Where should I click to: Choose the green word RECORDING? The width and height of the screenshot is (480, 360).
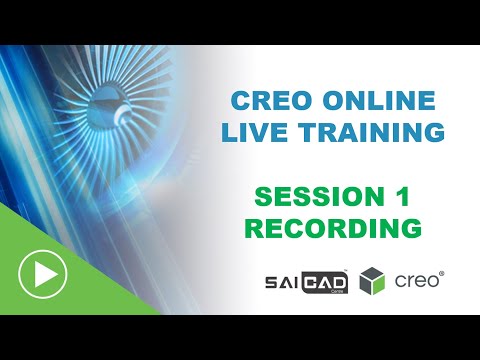coord(333,227)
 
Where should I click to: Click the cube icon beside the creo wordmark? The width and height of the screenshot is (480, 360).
coord(373,281)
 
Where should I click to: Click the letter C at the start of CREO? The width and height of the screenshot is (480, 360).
coord(239,100)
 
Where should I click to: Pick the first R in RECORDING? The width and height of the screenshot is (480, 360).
coord(256,227)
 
